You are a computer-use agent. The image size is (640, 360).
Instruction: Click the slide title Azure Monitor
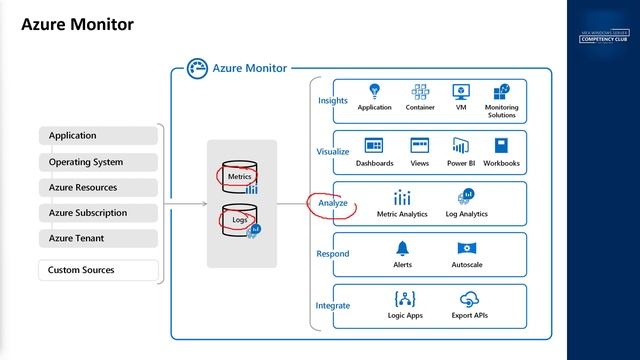point(78,24)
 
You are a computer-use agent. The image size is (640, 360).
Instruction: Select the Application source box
point(100,136)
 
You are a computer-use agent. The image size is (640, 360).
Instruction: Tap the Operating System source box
point(100,162)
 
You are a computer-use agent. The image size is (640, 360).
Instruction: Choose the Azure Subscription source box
point(100,213)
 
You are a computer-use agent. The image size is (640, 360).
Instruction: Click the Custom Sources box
point(100,270)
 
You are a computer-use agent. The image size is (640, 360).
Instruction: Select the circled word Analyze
point(333,203)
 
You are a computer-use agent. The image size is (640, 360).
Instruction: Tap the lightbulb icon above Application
point(375,92)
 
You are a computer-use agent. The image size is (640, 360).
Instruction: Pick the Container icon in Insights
point(420,92)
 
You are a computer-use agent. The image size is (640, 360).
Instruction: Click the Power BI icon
point(461,146)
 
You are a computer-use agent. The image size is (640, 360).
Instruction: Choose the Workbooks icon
point(502,146)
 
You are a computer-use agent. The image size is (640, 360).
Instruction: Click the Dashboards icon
point(375,146)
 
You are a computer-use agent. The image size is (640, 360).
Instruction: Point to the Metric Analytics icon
point(402,197)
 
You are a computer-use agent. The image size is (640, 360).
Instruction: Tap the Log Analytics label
point(467,214)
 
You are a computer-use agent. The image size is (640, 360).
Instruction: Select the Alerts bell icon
point(402,248)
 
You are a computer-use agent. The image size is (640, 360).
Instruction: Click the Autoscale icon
point(467,248)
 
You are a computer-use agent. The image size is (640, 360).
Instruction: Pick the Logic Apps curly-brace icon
point(405,298)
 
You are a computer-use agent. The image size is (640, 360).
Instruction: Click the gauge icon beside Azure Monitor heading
point(196,69)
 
